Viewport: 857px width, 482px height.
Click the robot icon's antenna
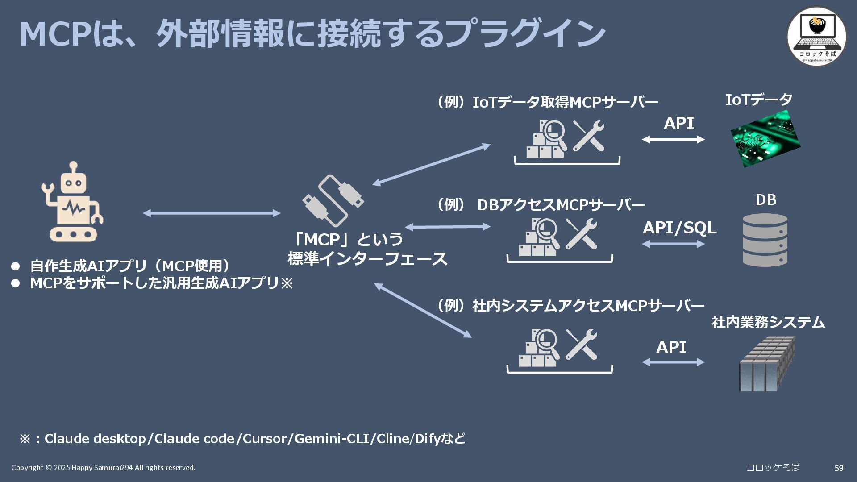[x=74, y=168]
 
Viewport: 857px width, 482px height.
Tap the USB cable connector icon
[x=333, y=200]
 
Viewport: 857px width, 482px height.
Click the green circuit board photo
[x=765, y=139]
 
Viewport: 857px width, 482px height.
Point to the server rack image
[x=766, y=364]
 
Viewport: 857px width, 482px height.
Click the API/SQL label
[x=679, y=228]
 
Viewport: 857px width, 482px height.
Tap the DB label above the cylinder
[x=765, y=200]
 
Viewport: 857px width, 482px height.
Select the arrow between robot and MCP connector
[x=212, y=213]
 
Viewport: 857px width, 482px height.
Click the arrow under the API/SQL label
[x=673, y=244]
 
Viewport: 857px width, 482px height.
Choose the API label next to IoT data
[x=678, y=123]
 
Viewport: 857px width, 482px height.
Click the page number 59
[x=839, y=468]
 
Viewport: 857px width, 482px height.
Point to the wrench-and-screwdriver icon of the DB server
[x=581, y=234]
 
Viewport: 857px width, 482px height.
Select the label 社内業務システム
[x=768, y=322]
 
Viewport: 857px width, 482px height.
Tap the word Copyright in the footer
[x=27, y=468]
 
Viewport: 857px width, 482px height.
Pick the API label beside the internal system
[x=671, y=347]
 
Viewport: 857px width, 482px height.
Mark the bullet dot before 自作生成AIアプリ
[x=16, y=266]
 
